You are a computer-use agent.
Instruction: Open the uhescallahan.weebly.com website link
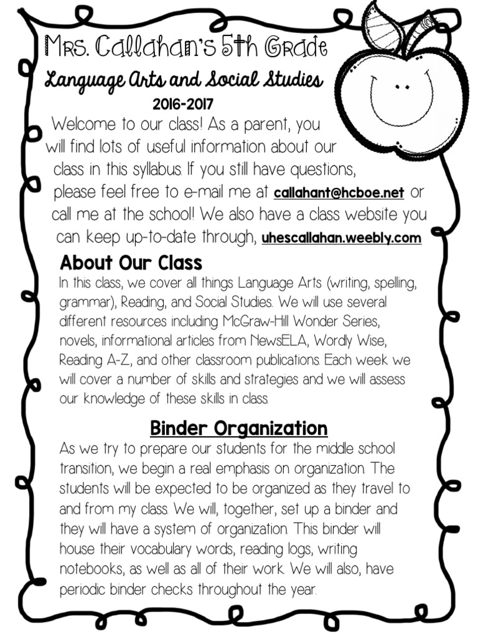pyautogui.click(x=341, y=238)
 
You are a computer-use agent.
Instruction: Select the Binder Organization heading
pyautogui.click(x=238, y=428)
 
